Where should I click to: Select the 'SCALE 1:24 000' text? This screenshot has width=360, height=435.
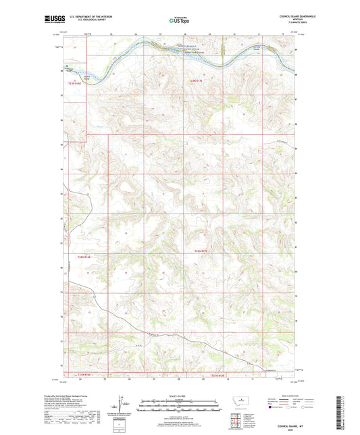click(x=179, y=395)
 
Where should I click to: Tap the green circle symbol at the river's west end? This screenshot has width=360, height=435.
click(x=67, y=66)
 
